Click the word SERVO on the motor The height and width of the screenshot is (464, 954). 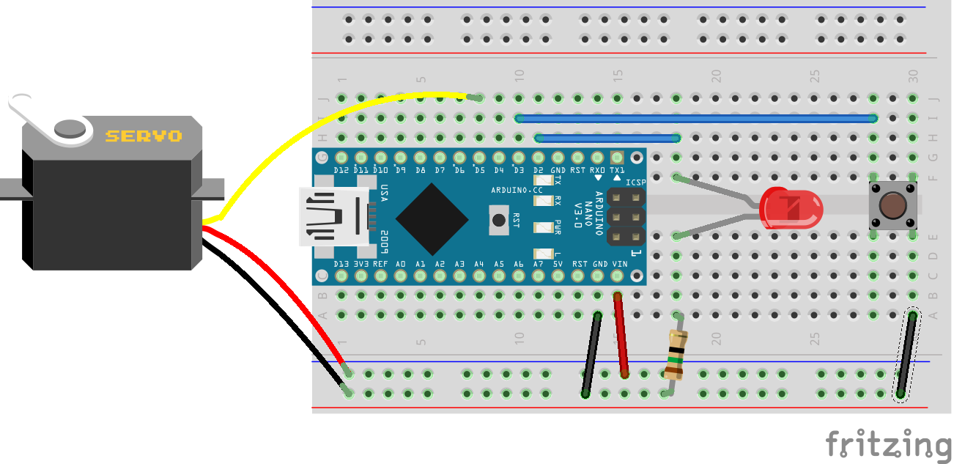[x=144, y=136]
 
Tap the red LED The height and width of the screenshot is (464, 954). [x=791, y=207]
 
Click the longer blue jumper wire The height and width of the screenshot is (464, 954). [x=696, y=118]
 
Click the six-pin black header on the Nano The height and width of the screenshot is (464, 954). [x=626, y=217]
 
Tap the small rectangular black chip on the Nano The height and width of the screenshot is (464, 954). [x=499, y=220]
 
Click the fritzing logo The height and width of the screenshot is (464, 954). [x=888, y=444]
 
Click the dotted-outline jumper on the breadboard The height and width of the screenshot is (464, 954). [x=907, y=356]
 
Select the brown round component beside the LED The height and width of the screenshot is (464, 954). [x=892, y=206]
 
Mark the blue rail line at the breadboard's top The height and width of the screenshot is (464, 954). [x=619, y=7]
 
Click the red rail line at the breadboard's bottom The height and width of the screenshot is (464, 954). [x=619, y=408]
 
